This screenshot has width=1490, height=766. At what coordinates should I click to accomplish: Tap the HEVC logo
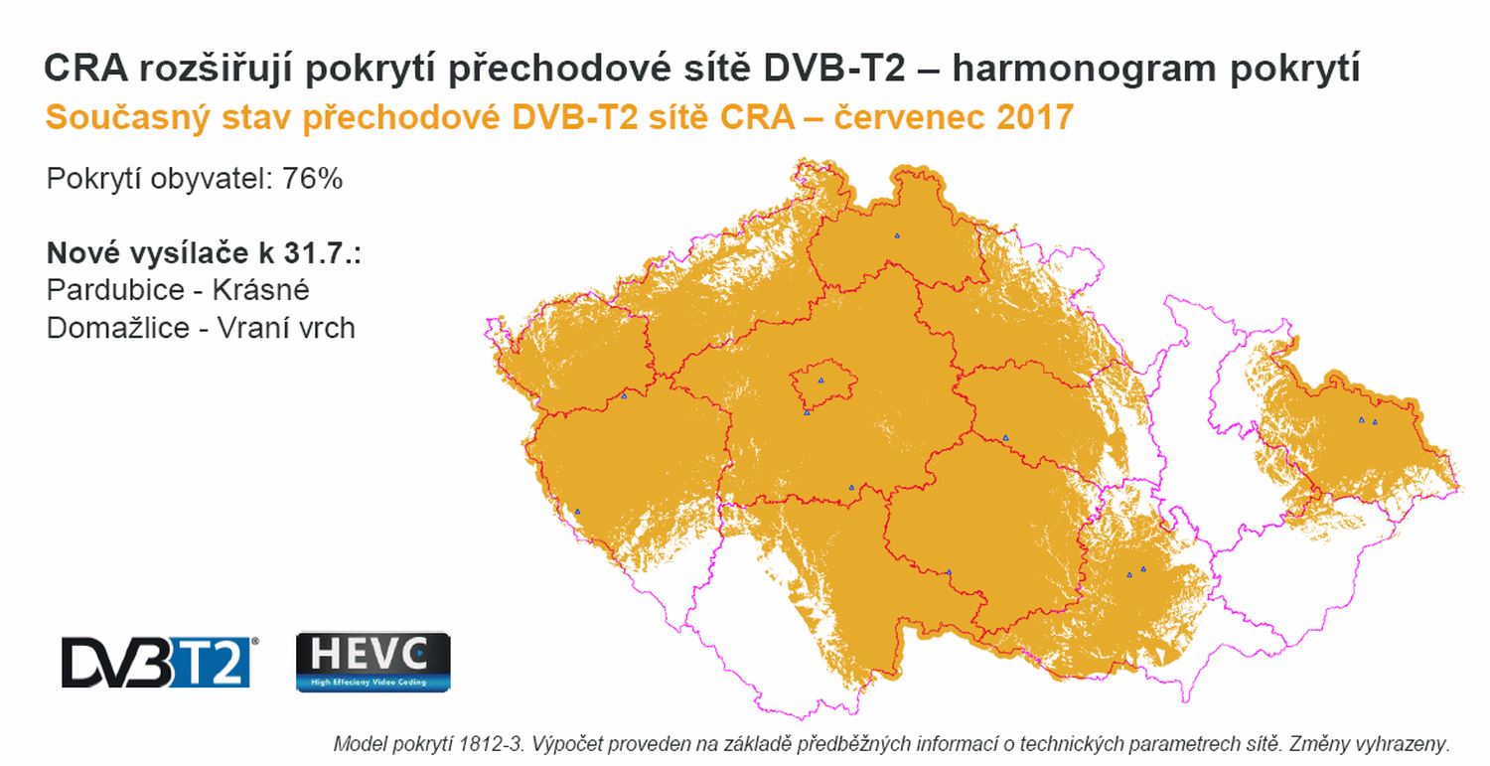(373, 662)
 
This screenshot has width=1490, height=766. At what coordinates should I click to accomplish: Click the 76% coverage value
(313, 180)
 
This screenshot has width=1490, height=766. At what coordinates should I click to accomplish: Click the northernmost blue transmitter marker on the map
(897, 235)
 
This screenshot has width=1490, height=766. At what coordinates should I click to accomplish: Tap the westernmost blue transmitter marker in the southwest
(577, 512)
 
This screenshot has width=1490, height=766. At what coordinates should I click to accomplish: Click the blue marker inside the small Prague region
(820, 380)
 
